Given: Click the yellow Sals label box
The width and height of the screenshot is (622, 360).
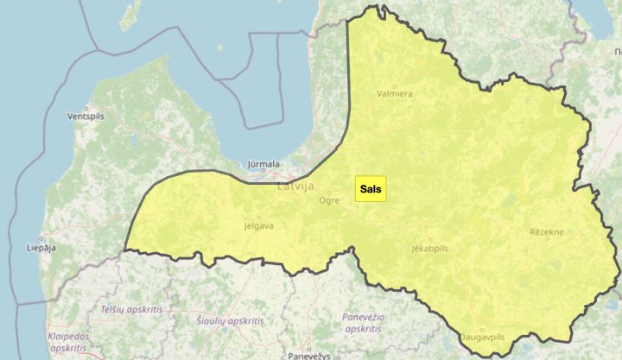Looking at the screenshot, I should pyautogui.click(x=370, y=189).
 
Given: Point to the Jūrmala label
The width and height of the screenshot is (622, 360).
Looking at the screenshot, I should pyautogui.click(x=263, y=163).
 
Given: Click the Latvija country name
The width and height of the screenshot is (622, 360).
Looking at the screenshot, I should pyautogui.click(x=296, y=186).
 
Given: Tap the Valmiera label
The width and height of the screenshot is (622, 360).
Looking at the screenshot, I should pyautogui.click(x=396, y=93).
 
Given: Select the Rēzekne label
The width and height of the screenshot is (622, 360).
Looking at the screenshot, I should pyautogui.click(x=547, y=232).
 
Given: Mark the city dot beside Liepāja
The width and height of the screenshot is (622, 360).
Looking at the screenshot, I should pyautogui.click(x=41, y=238).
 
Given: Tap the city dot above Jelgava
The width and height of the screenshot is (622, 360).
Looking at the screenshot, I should pyautogui.click(x=258, y=217).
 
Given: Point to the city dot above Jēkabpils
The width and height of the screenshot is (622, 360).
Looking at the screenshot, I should pyautogui.click(x=429, y=237).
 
